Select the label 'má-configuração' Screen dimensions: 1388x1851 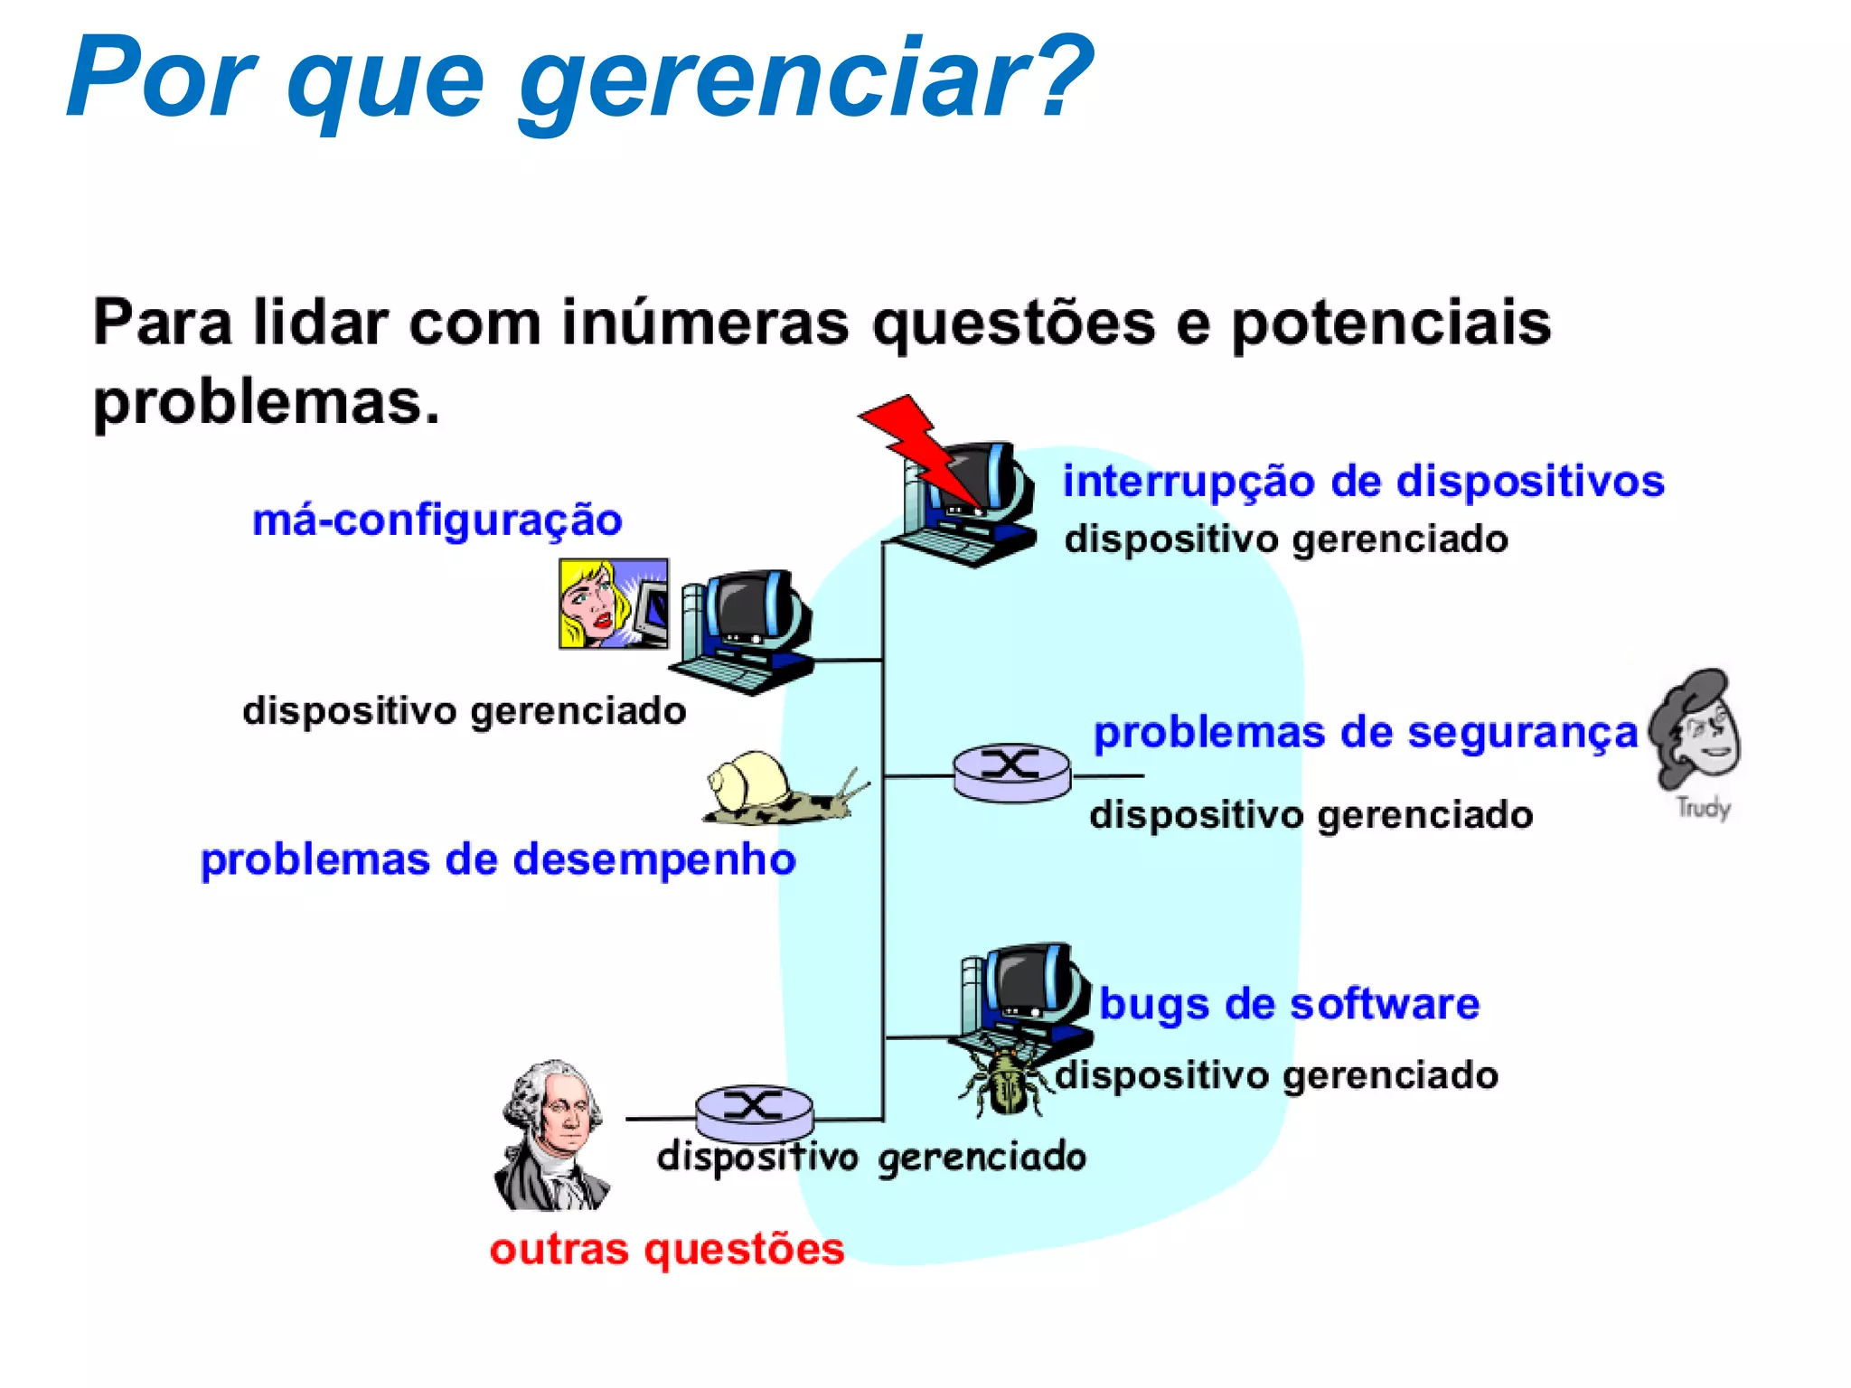437,520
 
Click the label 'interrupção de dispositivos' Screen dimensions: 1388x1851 1363,481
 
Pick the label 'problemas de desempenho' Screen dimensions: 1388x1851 497,859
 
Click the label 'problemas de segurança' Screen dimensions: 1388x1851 1365,732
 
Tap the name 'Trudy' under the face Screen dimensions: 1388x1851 1704,807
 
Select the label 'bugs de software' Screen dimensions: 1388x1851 1290,1004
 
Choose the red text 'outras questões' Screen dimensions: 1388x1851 667,1250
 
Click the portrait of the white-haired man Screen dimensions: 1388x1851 551,1136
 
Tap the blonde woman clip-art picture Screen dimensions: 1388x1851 613,604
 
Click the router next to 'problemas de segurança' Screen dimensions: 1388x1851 1012,773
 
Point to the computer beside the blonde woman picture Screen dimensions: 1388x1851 746,633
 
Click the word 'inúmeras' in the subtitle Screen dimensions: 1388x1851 705,323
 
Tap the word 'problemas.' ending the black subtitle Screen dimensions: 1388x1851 267,402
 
